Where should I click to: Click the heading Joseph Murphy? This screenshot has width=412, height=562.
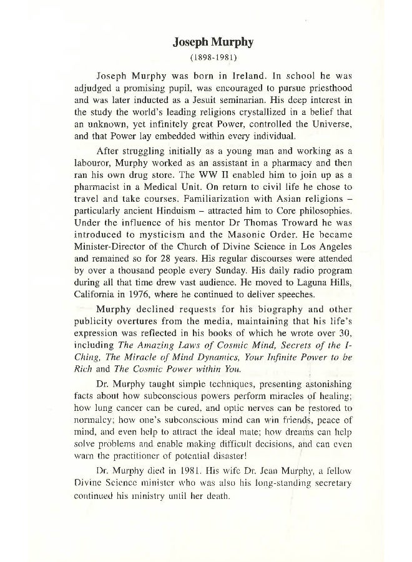(x=205, y=43)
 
